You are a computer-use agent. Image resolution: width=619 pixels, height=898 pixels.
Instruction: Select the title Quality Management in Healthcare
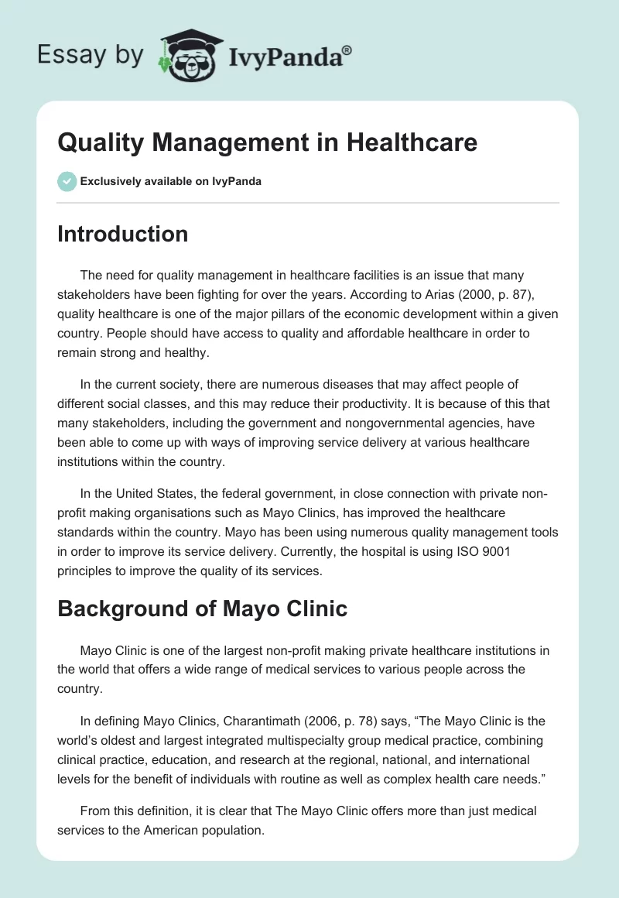268,142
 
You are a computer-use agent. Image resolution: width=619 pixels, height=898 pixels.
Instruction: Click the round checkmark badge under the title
67,181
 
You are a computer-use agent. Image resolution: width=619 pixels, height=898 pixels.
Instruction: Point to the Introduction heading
122,234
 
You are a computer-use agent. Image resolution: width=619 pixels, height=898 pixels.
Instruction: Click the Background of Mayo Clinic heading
202,608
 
